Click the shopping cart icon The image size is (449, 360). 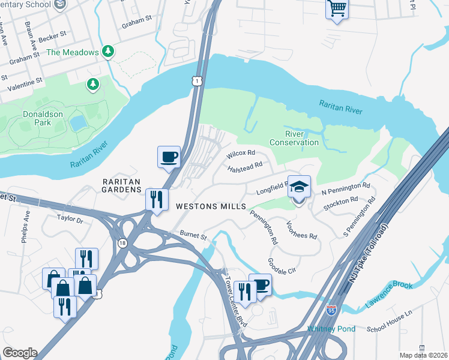(337, 9)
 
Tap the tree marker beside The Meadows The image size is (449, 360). (108, 52)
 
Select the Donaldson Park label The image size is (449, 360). (42, 118)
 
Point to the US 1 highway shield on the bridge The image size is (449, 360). (197, 80)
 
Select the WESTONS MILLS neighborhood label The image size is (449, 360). (211, 206)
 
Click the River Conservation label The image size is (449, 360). (294, 138)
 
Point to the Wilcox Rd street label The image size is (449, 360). (241, 154)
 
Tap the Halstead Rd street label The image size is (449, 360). (246, 166)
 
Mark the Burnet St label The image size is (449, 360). (193, 236)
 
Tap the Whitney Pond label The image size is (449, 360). (331, 329)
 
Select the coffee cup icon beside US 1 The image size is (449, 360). (168, 157)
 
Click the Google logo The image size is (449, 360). (19, 353)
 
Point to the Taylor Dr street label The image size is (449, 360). (70, 220)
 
